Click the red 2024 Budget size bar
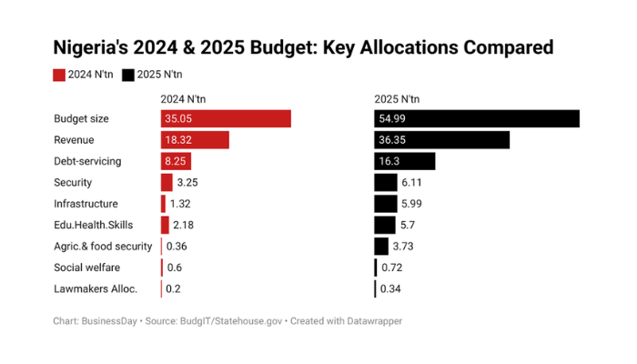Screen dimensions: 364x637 click(226, 118)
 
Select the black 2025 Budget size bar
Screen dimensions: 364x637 click(477, 118)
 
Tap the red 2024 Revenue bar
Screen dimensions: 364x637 click(195, 140)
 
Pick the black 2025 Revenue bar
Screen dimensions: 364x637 click(441, 140)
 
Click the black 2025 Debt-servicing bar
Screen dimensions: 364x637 click(405, 161)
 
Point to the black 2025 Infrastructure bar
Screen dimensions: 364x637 click(385, 204)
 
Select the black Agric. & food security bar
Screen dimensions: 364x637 click(381, 247)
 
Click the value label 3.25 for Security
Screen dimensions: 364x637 click(188, 183)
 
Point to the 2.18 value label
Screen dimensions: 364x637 click(184, 226)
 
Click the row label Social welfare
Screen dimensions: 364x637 click(86, 268)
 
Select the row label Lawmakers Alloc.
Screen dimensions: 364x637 click(96, 289)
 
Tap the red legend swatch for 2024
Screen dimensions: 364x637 click(59, 75)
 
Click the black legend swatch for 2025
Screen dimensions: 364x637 click(128, 75)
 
